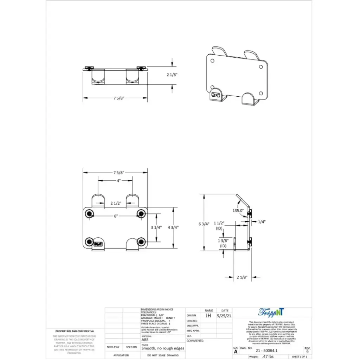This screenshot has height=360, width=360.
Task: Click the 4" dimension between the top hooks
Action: pyautogui.click(x=119, y=181)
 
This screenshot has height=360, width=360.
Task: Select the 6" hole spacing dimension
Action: pyautogui.click(x=115, y=216)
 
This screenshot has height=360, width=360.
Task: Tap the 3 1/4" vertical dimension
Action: pyautogui.click(x=156, y=227)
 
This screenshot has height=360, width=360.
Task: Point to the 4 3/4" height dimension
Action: pyautogui.click(x=173, y=227)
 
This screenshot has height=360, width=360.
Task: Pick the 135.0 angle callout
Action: pyautogui.click(x=238, y=211)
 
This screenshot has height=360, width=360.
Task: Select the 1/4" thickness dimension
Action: pyautogui.click(x=262, y=222)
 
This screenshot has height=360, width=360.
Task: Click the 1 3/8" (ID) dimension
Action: pyautogui.click(x=223, y=243)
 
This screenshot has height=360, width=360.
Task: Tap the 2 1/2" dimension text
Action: pyautogui.click(x=116, y=203)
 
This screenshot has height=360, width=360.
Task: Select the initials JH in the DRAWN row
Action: pyautogui.click(x=208, y=316)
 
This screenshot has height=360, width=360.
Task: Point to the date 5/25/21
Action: pyautogui.click(x=224, y=316)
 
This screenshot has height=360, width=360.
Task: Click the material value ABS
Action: pyautogui.click(x=145, y=340)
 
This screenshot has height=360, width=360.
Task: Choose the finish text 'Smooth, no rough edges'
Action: pyautogui.click(x=162, y=348)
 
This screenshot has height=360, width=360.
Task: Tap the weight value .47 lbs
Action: pyautogui.click(x=268, y=356)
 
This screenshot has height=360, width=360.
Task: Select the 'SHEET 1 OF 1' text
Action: pyautogui.click(x=300, y=356)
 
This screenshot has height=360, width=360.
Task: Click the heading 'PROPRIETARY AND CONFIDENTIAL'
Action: pyautogui.click(x=75, y=331)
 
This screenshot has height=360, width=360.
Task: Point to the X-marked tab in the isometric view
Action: pyautogui.click(x=216, y=95)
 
